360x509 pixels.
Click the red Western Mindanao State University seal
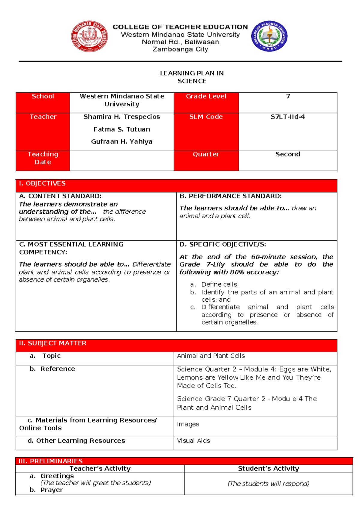click(x=89, y=37)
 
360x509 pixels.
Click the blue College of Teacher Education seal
click(x=269, y=36)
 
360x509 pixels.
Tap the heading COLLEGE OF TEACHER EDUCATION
click(x=180, y=27)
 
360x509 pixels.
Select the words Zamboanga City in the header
click(x=180, y=49)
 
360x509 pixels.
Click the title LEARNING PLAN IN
click(x=192, y=73)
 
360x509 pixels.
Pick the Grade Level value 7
click(x=288, y=96)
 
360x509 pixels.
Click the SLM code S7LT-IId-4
click(x=288, y=117)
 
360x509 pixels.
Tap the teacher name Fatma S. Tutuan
click(x=121, y=129)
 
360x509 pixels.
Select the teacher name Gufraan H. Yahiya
click(x=121, y=141)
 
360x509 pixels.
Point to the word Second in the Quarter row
click(x=288, y=154)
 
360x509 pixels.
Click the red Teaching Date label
click(x=43, y=158)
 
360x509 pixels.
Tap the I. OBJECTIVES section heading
click(x=42, y=183)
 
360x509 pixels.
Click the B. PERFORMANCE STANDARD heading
click(x=230, y=196)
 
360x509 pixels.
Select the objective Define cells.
click(x=220, y=284)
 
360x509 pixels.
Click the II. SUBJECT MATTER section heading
click(x=52, y=343)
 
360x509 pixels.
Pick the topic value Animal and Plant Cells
click(x=211, y=356)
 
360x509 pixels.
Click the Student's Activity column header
click(x=268, y=468)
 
